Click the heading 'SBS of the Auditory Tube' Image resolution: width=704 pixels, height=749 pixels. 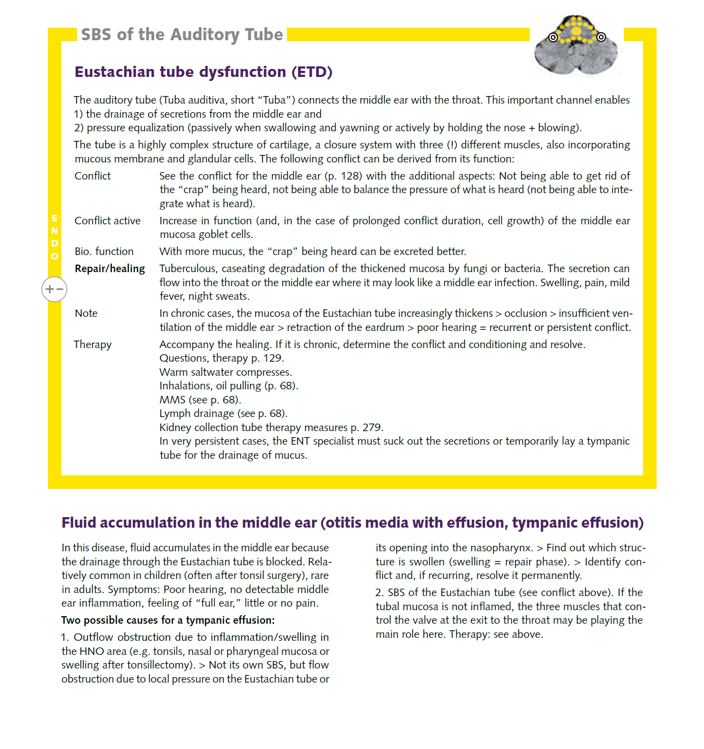point(182,35)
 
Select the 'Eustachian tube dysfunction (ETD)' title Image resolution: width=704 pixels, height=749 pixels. point(203,72)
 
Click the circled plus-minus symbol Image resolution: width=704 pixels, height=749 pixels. point(54,289)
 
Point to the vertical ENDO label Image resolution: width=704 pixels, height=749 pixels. point(54,237)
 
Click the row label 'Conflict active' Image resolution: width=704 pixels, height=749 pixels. point(107,221)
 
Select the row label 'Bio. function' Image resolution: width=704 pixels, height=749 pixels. point(104,252)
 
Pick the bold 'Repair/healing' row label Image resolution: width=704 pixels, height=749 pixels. point(110,269)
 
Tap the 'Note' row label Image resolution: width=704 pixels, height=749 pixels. point(86,313)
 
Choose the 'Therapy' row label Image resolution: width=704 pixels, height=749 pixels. point(93,345)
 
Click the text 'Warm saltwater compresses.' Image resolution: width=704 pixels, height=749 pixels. point(226,372)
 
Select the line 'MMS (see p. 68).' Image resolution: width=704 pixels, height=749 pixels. point(200,400)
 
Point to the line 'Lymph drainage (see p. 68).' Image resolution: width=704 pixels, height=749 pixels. point(223,413)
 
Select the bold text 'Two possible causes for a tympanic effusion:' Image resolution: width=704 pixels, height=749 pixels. point(168,620)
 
